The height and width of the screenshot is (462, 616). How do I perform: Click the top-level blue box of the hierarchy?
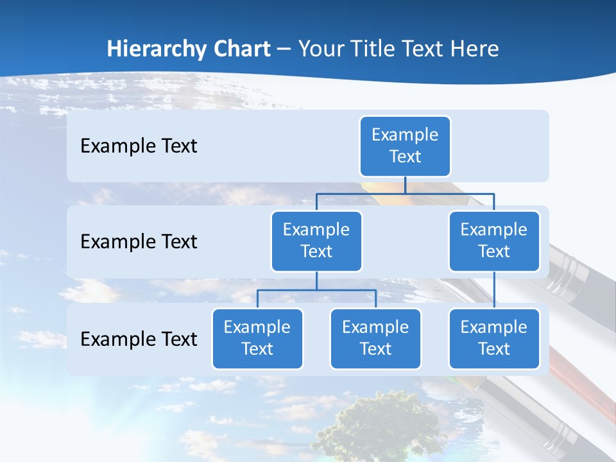point(405,146)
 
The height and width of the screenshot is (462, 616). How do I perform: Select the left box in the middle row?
point(316,241)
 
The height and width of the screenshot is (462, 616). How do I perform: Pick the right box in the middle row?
point(493,241)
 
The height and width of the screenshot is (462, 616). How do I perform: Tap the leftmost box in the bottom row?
point(257,338)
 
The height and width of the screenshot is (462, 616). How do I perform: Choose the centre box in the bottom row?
point(375,338)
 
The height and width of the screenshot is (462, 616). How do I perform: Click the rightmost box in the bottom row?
point(493,338)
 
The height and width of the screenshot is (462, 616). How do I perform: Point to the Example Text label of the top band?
point(139,146)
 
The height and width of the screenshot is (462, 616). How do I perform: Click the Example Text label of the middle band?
point(139,241)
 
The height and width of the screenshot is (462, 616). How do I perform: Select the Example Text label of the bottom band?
point(139,339)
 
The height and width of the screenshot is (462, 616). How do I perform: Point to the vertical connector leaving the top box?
point(405,185)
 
